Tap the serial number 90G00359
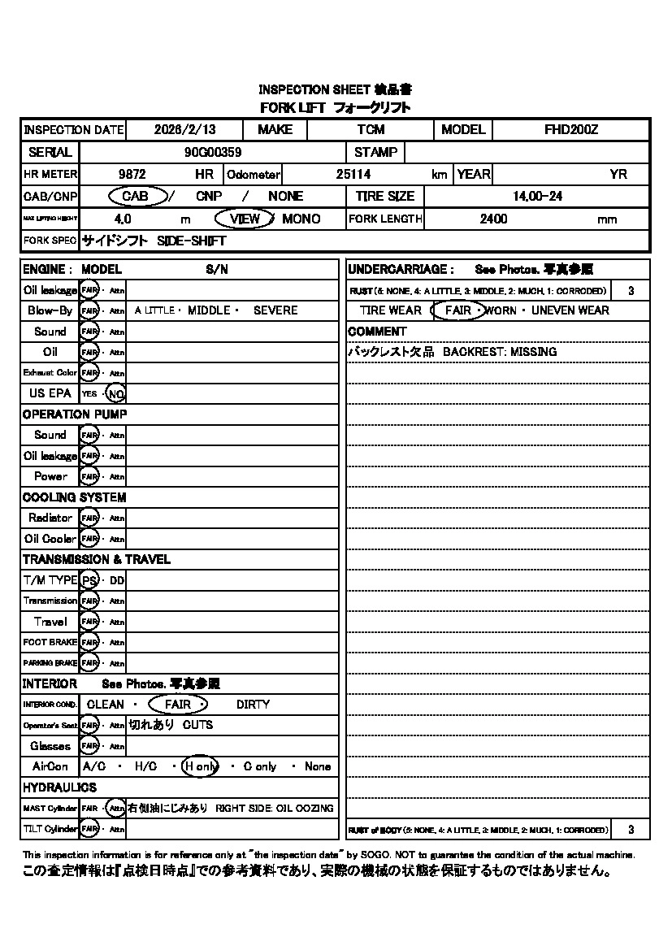pos(213,152)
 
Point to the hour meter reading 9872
pos(132,174)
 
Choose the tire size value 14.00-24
pos(537,197)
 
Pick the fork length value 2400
pos(493,219)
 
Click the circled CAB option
pos(134,196)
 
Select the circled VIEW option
pos(245,219)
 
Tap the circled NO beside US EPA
pos(116,393)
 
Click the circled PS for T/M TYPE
pos(89,580)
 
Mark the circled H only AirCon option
pos(199,766)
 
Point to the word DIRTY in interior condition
pos(253,705)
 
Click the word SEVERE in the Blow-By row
pos(275,310)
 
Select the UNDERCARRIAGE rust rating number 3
pos(631,290)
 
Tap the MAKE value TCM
pos(371,130)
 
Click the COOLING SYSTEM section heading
pos(74,497)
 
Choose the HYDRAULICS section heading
pos(59,787)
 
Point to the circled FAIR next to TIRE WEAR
pos(458,310)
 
